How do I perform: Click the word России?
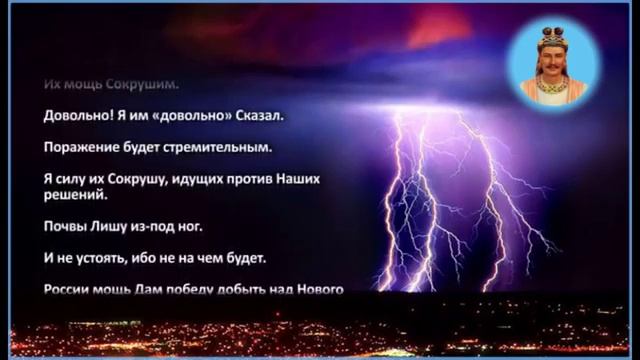pyautogui.click(x=69, y=290)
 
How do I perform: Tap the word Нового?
pyautogui.click(x=319, y=290)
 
